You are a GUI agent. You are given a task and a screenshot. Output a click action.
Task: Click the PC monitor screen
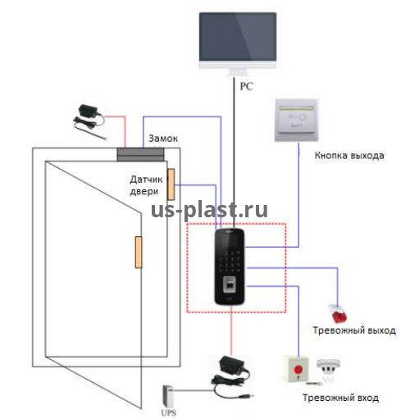[x=238, y=37]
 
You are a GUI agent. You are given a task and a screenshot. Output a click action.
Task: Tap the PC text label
[x=246, y=86]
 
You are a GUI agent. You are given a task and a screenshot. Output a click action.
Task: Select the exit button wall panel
[x=297, y=121]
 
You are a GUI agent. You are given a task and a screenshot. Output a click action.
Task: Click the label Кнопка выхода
[x=349, y=156]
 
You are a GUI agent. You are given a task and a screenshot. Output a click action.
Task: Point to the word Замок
[x=163, y=139]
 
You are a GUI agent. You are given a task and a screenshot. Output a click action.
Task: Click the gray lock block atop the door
[x=141, y=154]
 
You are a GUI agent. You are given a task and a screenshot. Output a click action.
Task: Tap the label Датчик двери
[x=146, y=185]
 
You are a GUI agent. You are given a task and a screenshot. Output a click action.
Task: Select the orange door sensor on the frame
[x=171, y=184]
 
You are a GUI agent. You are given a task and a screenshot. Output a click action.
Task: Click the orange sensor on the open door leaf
[x=139, y=253]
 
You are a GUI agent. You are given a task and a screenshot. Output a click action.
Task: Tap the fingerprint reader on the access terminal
[x=230, y=285]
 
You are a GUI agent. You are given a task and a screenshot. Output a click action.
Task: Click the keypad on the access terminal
[x=230, y=260]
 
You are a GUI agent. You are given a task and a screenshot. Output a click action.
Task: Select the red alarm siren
[x=339, y=314]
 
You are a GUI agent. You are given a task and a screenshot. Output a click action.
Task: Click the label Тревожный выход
[x=354, y=330]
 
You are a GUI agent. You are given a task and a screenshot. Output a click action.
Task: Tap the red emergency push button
[x=298, y=369]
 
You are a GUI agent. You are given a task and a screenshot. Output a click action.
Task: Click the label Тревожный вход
[x=340, y=398]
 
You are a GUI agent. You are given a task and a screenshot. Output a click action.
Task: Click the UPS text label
[x=169, y=412]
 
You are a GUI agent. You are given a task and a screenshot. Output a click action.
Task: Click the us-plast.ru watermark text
[x=209, y=210]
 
